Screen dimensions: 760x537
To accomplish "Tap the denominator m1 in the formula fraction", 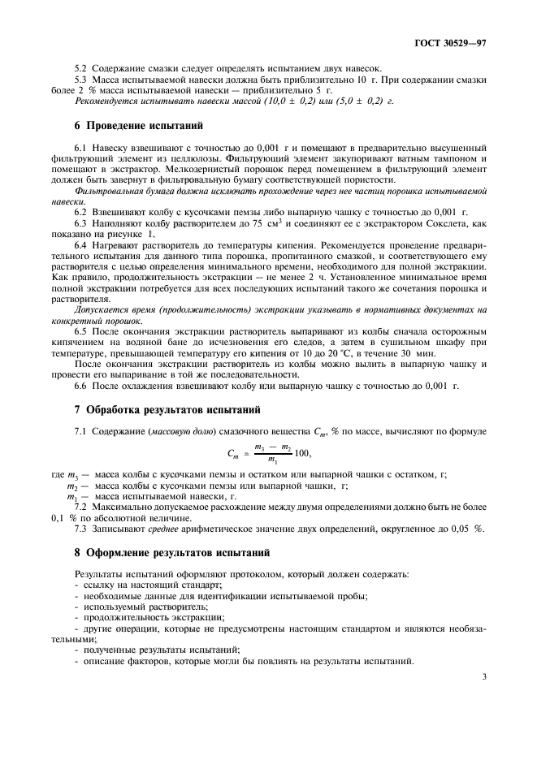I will [x=264, y=460].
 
